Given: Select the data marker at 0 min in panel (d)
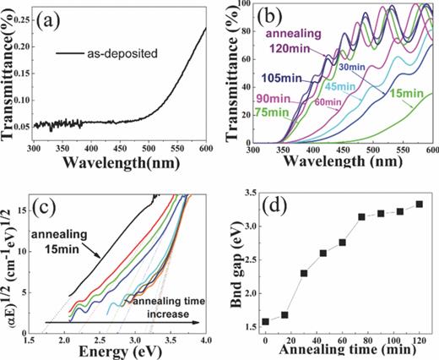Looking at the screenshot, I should (x=265, y=321).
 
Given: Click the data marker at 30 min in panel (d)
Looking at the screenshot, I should (x=304, y=273).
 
